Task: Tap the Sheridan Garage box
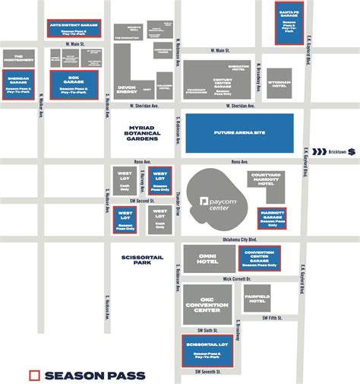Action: point(17,84)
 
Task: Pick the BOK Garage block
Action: point(74,85)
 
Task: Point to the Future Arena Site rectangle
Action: point(239,133)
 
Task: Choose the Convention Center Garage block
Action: point(260,259)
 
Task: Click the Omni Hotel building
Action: point(207,259)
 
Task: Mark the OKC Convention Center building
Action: point(207,304)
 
